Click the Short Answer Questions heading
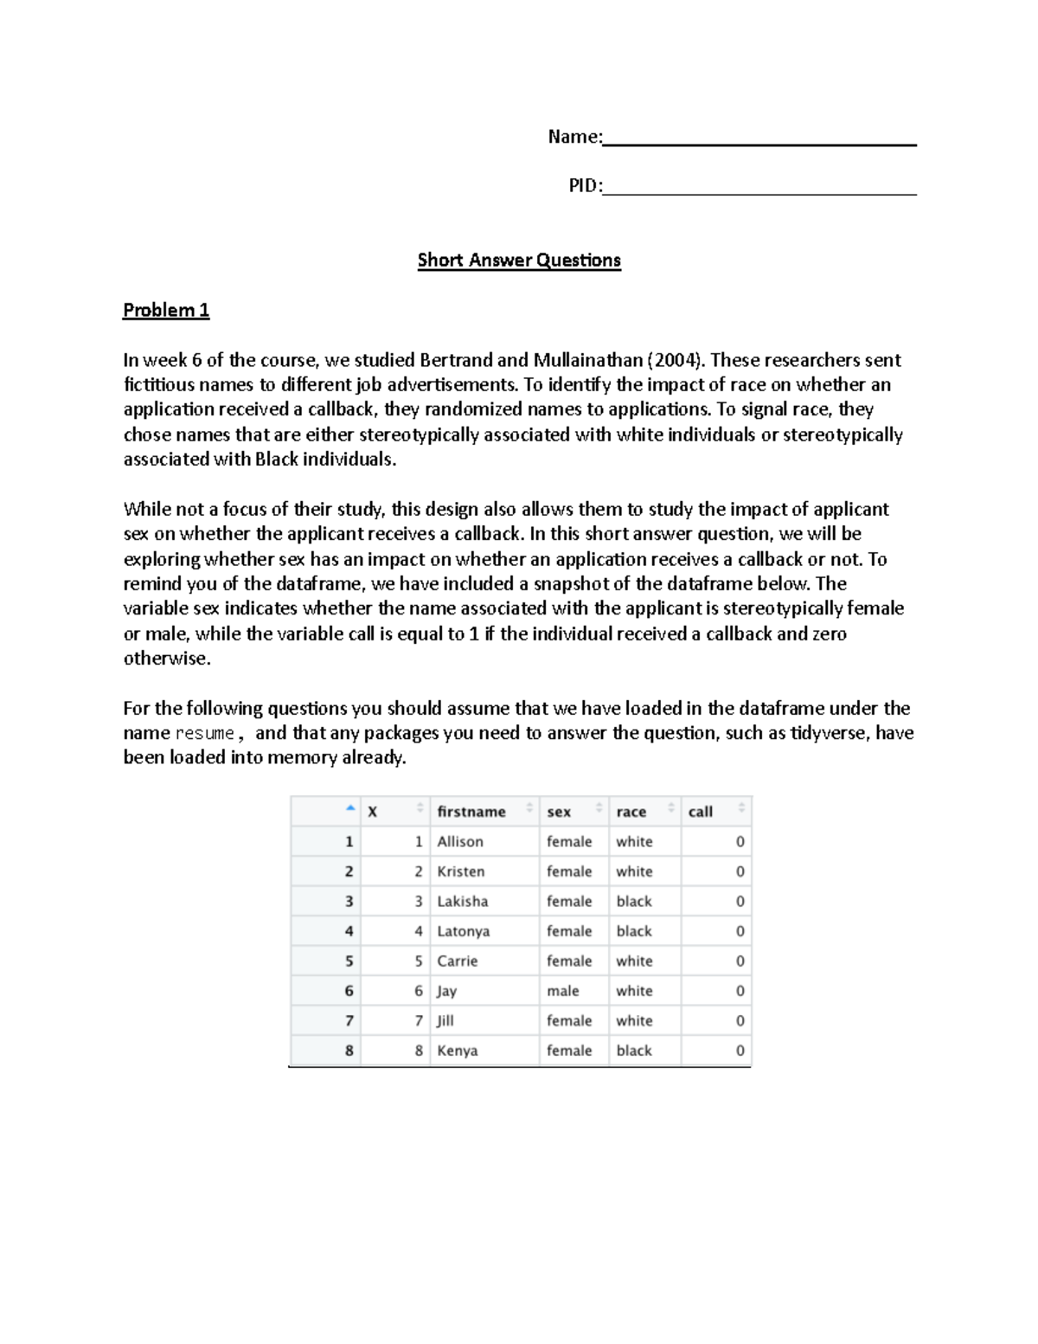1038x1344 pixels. [x=519, y=260]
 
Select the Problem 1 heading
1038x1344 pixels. [x=166, y=310]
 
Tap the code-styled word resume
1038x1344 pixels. [x=205, y=734]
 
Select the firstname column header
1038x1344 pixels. [x=471, y=812]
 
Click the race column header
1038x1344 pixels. [x=631, y=812]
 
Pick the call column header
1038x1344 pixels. [x=701, y=812]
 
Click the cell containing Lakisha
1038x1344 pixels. [x=463, y=902]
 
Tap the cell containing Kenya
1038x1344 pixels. [x=458, y=1051]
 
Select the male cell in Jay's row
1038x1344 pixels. [x=563, y=991]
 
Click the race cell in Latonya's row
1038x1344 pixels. [x=634, y=931]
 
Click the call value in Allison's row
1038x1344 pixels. [x=740, y=842]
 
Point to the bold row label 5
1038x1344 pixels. [x=349, y=961]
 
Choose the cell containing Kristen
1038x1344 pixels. [x=461, y=871]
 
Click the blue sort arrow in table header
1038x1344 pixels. [x=349, y=808]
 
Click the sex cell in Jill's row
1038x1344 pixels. [x=569, y=1021]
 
